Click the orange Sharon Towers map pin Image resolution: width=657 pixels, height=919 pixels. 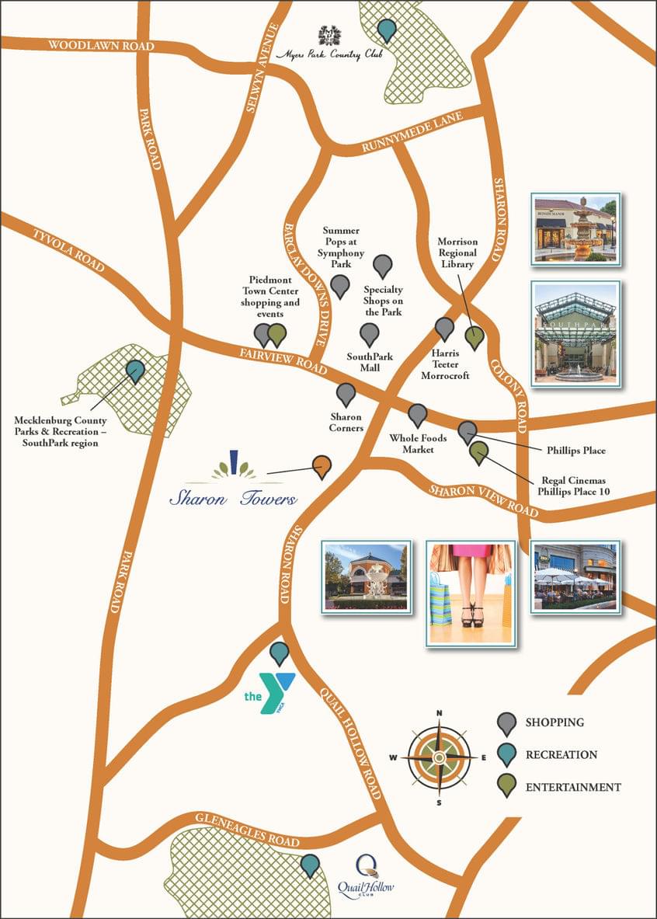click(322, 465)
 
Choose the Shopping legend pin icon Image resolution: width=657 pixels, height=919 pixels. click(507, 723)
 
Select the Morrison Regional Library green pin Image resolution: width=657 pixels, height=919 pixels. click(474, 338)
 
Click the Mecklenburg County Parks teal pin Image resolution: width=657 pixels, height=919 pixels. click(136, 371)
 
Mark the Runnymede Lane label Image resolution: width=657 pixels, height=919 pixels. click(412, 132)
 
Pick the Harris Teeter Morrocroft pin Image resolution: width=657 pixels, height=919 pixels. click(445, 328)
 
